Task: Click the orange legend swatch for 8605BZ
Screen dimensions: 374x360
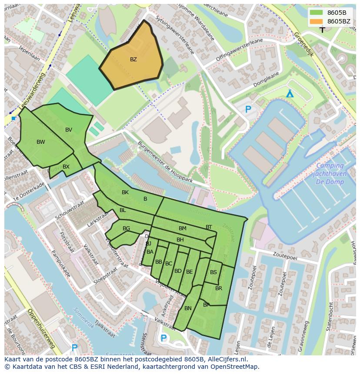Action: (316, 21)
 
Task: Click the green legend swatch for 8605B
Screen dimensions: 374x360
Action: (316, 13)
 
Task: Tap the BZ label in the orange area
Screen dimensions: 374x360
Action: (133, 60)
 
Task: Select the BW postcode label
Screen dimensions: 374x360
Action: (40, 142)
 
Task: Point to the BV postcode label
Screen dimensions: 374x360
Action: (69, 130)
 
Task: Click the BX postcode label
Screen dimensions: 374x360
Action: (66, 167)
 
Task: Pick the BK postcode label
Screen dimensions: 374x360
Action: (125, 192)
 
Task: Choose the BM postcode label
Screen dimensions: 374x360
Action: (183, 228)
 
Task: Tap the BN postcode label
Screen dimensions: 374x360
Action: (188, 308)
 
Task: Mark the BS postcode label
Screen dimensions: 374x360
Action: (213, 272)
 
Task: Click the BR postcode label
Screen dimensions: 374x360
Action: (219, 288)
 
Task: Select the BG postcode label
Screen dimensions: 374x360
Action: (126, 228)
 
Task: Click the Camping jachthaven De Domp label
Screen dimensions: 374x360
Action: (329, 173)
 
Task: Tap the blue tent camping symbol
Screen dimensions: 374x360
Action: (290, 94)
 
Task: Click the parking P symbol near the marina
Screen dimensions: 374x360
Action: (248, 110)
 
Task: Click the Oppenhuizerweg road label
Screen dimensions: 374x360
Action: (41, 328)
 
